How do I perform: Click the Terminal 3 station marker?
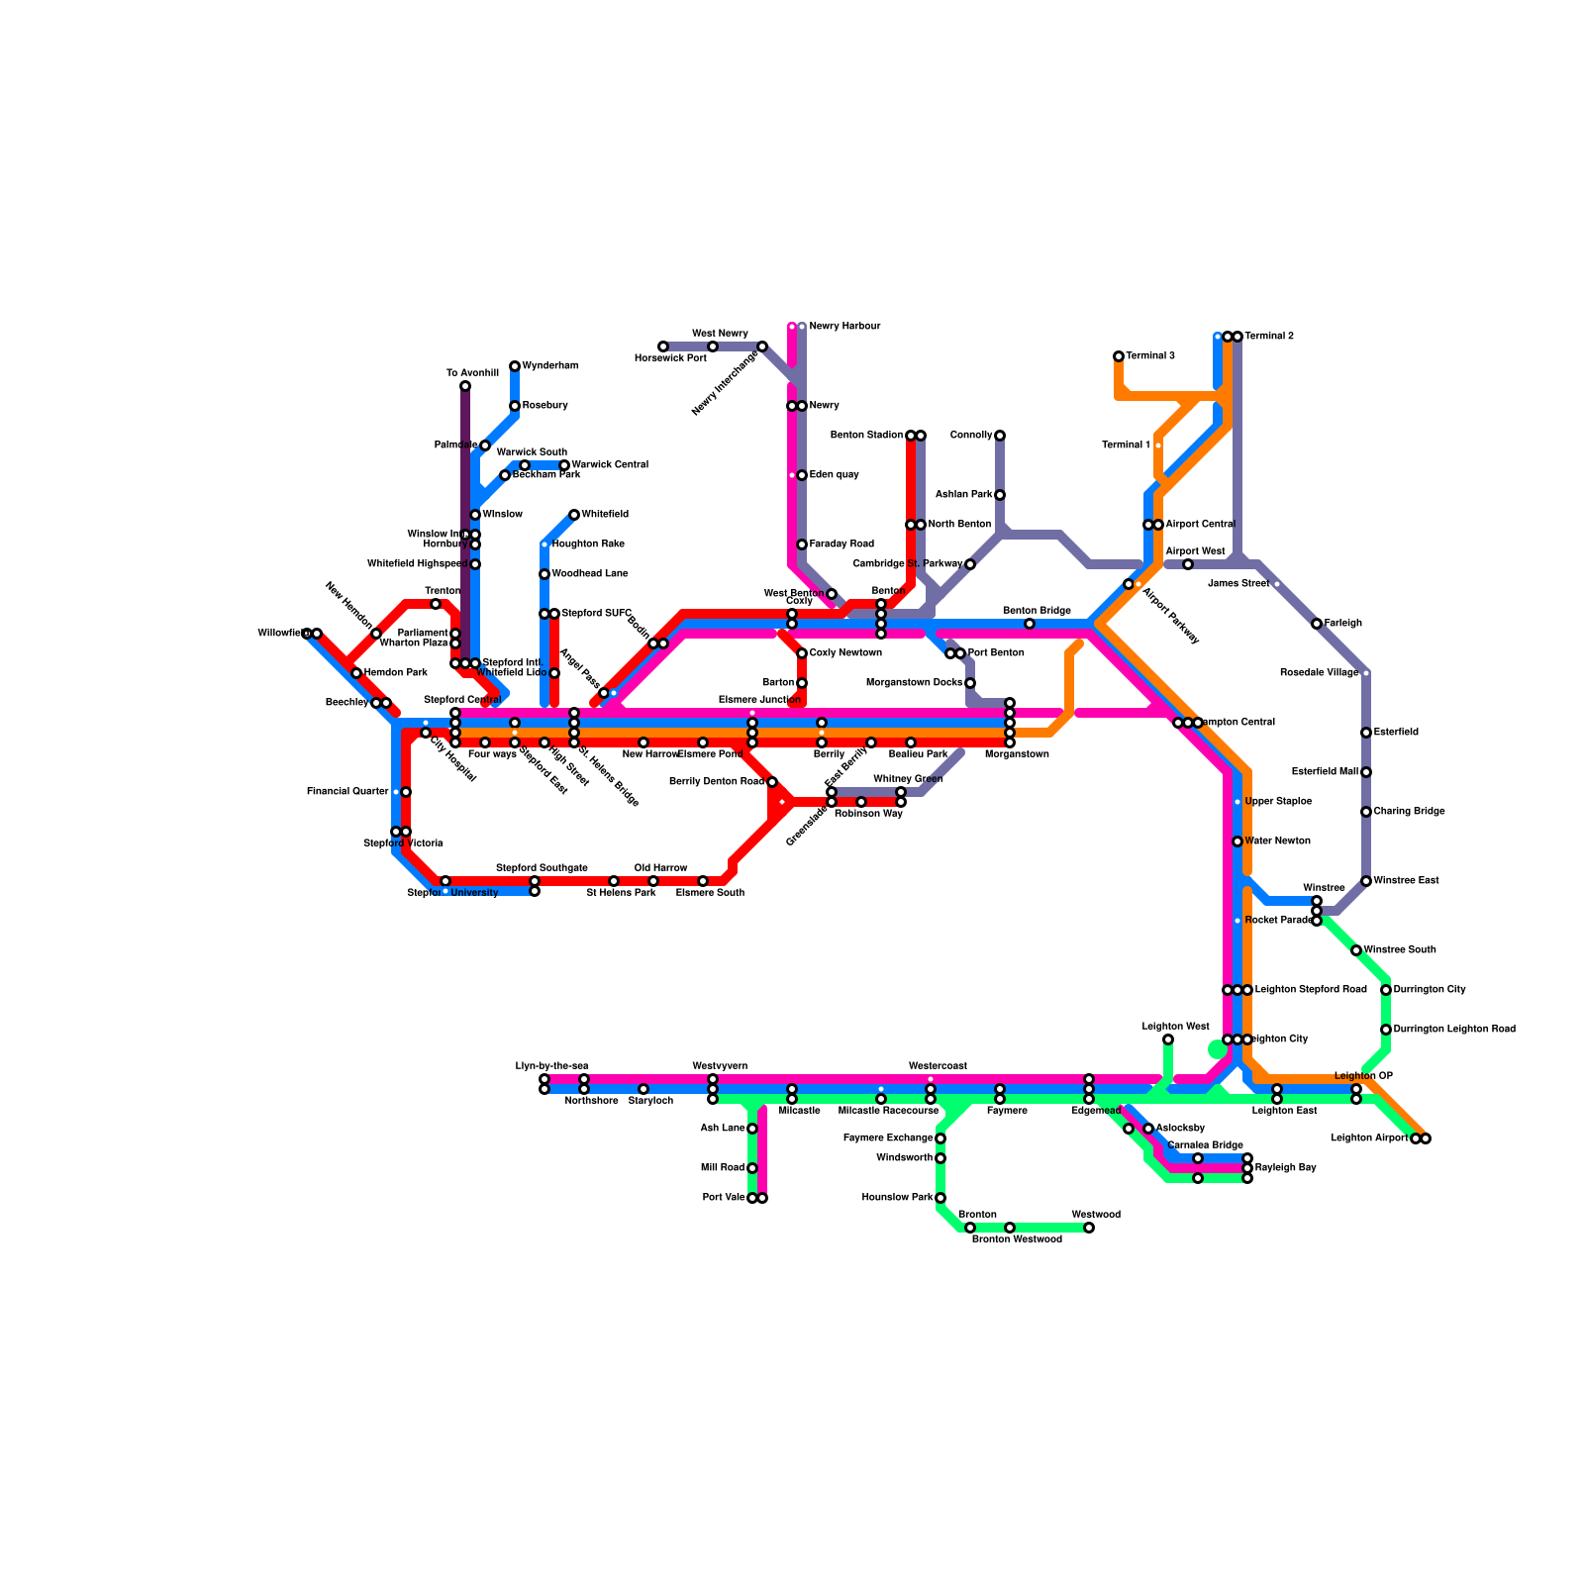1119,356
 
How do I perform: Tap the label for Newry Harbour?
844,327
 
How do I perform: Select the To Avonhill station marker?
465,386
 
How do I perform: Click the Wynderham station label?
550,366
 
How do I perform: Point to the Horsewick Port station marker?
663,346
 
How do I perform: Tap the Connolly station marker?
1000,436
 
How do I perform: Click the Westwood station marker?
1089,1228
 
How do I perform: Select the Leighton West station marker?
1168,1039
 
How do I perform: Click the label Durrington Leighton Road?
1454,1030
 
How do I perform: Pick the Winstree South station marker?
1356,950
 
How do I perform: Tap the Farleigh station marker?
1317,624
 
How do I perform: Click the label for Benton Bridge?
1037,611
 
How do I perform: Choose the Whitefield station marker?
574,515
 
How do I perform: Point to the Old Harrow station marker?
653,881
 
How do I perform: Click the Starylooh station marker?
643,1089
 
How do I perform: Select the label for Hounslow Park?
898,1198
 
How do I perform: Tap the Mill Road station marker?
752,1168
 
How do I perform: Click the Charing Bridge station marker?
1366,812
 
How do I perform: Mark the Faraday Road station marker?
802,544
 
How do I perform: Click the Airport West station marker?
1188,564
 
